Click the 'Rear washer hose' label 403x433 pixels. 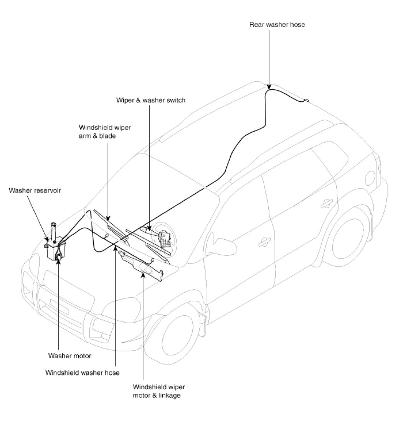pyautogui.click(x=277, y=25)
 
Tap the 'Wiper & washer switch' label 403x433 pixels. pyautogui.click(x=151, y=100)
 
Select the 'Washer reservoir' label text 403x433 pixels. pyautogui.click(x=35, y=190)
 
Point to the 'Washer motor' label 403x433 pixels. pyautogui.click(x=69, y=356)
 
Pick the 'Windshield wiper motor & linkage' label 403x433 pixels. pyautogui.click(x=159, y=391)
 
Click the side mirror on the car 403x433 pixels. pyautogui.click(x=220, y=242)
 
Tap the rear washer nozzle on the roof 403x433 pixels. pyautogui.click(x=306, y=101)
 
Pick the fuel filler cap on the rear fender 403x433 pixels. pyautogui.click(x=370, y=177)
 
